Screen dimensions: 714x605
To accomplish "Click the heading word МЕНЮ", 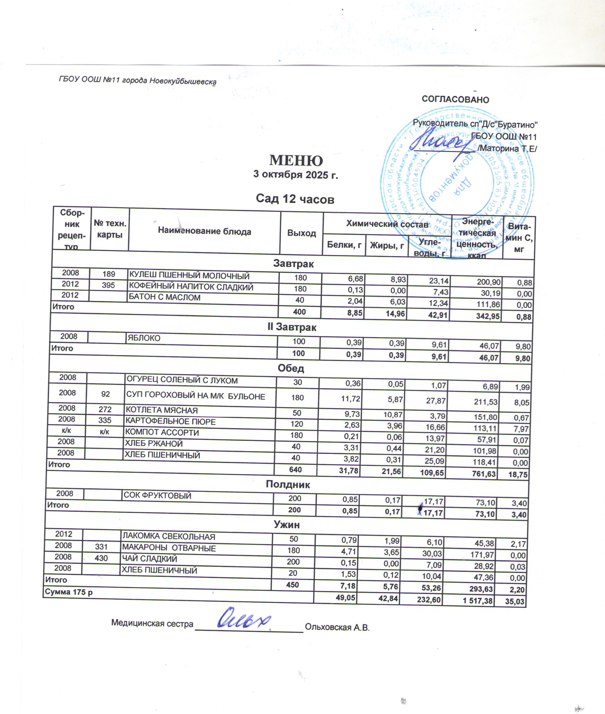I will [296, 160].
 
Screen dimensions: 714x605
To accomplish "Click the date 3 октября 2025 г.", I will [296, 175].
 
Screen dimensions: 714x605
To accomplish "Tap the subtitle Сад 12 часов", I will [295, 199].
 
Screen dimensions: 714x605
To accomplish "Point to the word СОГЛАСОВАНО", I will [455, 100].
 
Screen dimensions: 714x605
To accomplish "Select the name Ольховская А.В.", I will [337, 627].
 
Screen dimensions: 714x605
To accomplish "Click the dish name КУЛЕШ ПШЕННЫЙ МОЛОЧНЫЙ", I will [189, 276].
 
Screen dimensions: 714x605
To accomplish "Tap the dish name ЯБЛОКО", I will [144, 338].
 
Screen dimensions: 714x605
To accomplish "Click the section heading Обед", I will [291, 368].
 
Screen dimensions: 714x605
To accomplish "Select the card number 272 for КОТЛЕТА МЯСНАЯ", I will [105, 409].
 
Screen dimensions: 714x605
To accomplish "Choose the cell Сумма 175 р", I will [69, 592].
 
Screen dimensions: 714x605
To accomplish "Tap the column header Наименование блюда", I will [204, 231].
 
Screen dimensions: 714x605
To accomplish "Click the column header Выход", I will [302, 233].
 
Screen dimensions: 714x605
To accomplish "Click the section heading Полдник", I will [288, 484].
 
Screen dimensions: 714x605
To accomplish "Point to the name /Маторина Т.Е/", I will [507, 149].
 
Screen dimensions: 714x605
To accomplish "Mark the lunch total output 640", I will [295, 469].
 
